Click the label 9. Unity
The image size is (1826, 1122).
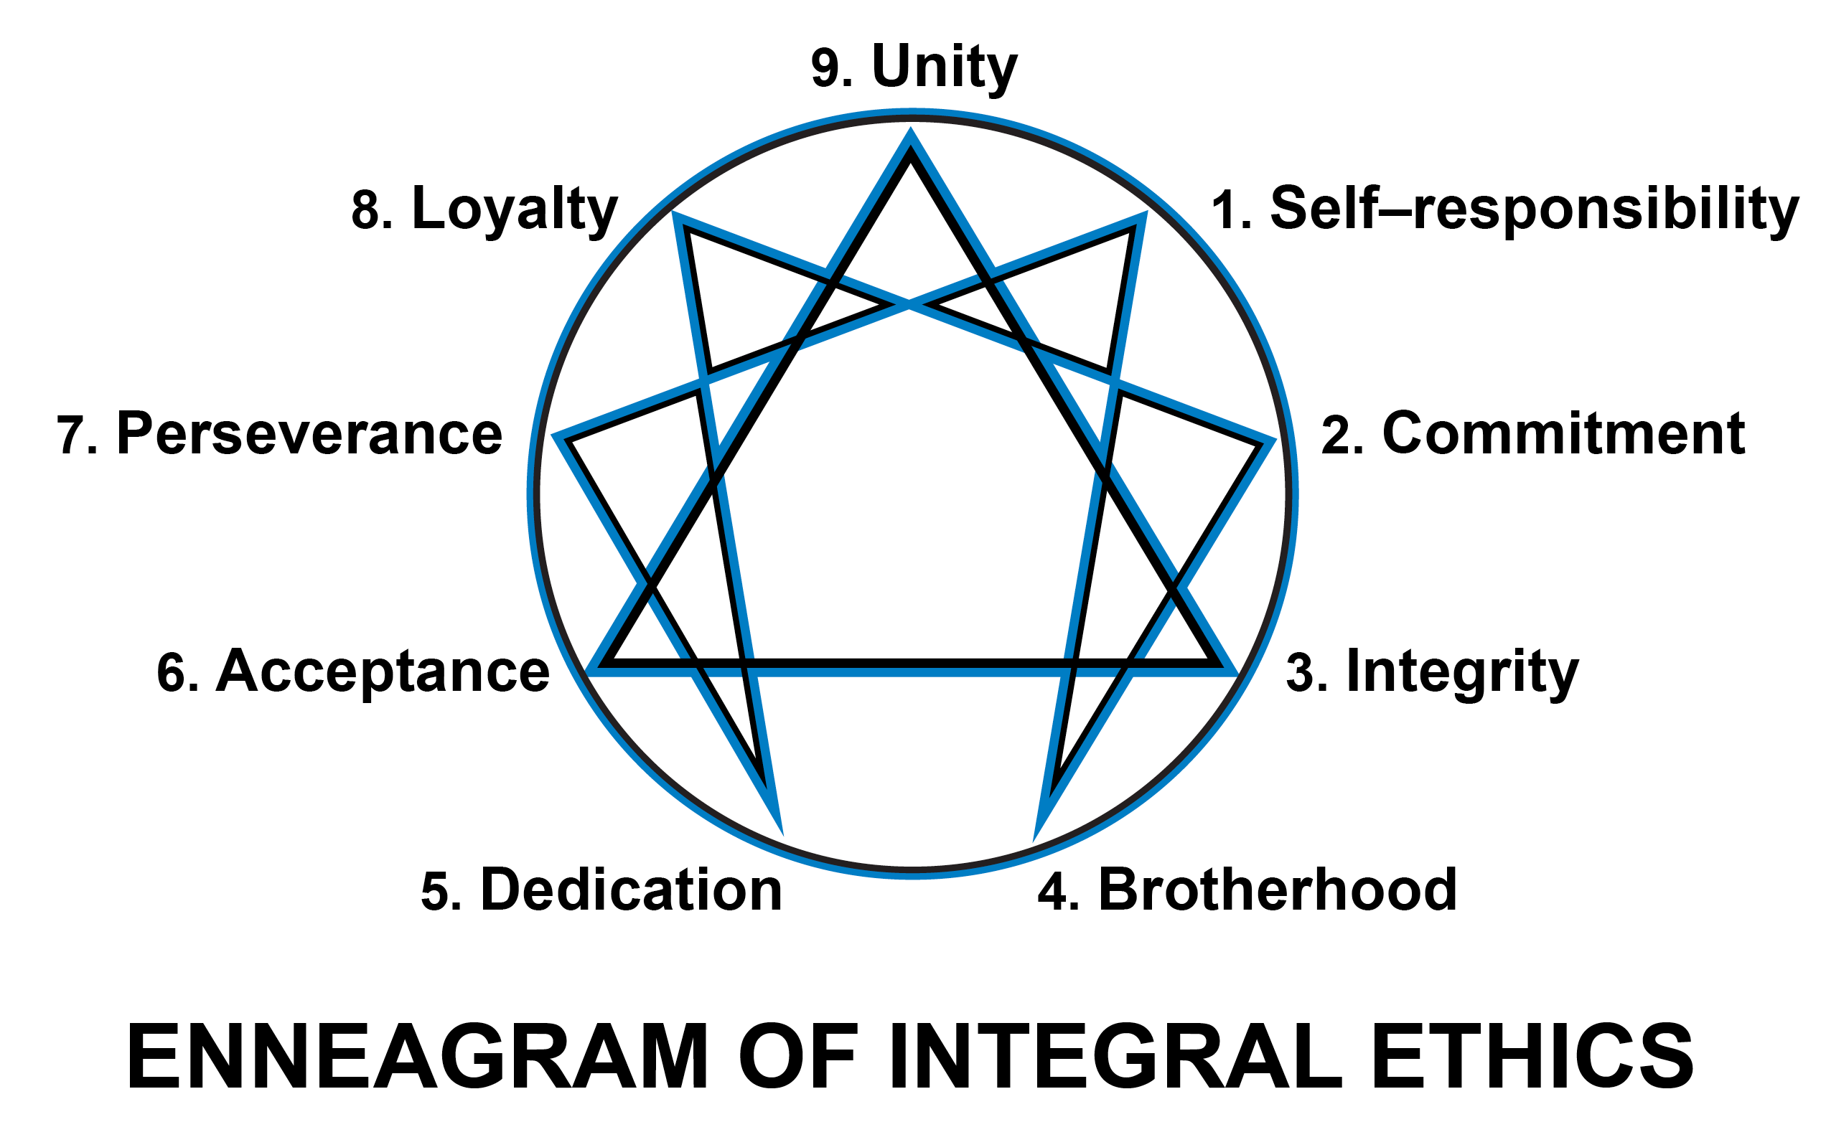coord(914,68)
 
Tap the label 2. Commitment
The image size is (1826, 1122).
coord(1533,435)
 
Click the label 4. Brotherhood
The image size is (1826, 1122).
coord(1247,890)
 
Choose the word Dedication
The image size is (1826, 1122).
coord(632,890)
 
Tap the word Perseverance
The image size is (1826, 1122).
coord(309,435)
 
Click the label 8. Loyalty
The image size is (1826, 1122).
coord(484,210)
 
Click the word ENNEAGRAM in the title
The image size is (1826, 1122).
coord(418,1057)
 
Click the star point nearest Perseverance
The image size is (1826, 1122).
coord(558,437)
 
